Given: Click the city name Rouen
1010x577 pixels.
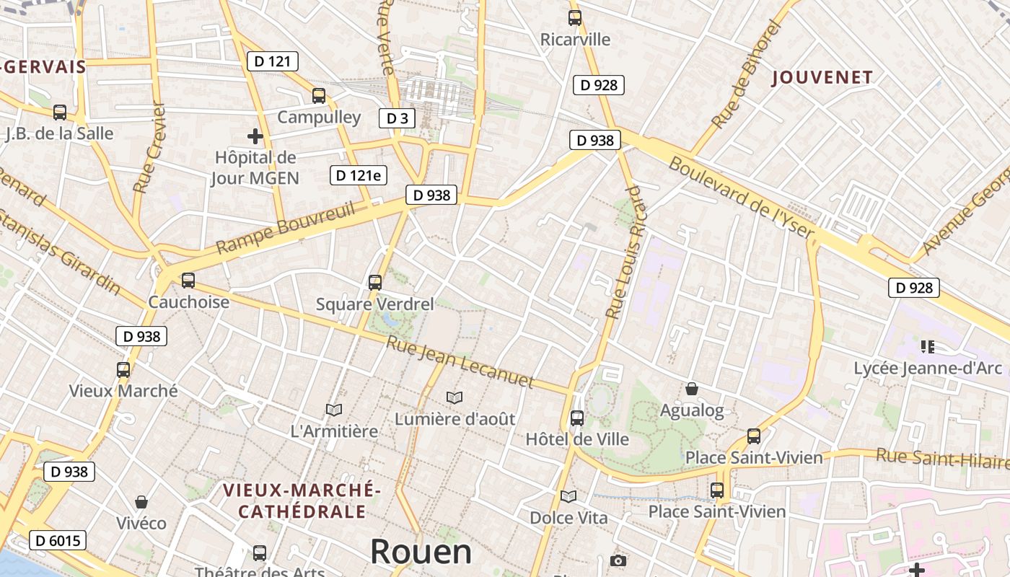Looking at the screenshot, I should tap(421, 552).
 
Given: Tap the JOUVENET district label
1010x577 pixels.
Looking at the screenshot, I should tap(822, 77).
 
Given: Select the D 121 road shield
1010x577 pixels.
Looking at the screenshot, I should tap(272, 61).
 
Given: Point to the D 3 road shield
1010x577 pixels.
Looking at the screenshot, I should tap(397, 118).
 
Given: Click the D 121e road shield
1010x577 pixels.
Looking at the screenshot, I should tap(359, 175).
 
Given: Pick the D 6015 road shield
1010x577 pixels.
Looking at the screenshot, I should tap(58, 540).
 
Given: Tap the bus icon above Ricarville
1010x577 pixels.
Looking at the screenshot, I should tap(574, 18).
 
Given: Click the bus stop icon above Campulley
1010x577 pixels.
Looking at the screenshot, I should tap(319, 96).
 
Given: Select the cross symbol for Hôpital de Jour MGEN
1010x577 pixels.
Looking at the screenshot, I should tap(255, 136).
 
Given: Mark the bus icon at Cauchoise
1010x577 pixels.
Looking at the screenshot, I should tap(188, 281).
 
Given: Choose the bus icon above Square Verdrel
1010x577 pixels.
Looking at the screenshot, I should tap(374, 283).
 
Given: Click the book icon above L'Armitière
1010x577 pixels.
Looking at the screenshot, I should tap(333, 410).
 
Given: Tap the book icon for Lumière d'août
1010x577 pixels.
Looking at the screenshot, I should tap(454, 397).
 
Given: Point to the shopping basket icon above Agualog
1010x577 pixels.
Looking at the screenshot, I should tap(692, 389).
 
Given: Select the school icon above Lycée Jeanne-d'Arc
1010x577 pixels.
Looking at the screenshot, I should tap(928, 347).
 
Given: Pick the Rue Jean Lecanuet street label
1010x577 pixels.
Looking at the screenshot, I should tap(460, 361).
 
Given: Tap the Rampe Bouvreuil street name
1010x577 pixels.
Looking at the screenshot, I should tap(286, 228).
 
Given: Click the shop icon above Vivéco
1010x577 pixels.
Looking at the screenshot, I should tap(141, 501).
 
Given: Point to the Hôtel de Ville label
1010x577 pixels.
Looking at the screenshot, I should tap(577, 439).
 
